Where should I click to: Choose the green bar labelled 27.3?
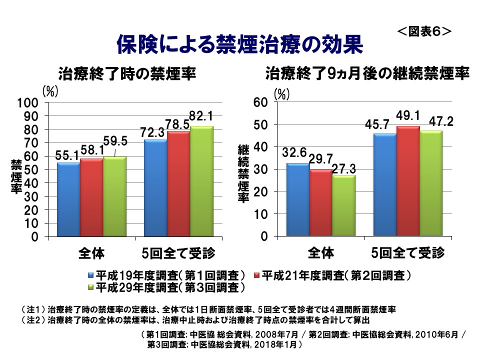(343, 205)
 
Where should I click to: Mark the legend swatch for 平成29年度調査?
(90, 287)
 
